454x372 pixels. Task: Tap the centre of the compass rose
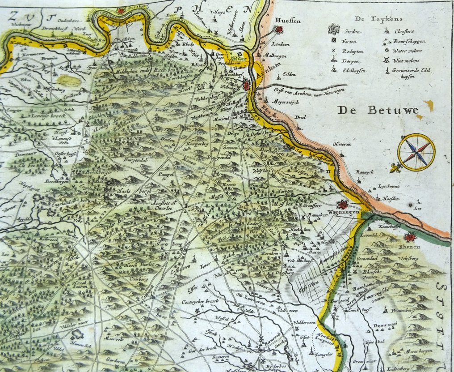click(x=416, y=152)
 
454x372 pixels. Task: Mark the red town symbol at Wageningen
click(x=342, y=205)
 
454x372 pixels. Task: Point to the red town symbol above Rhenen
click(x=410, y=237)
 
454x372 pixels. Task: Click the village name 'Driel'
click(x=300, y=118)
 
